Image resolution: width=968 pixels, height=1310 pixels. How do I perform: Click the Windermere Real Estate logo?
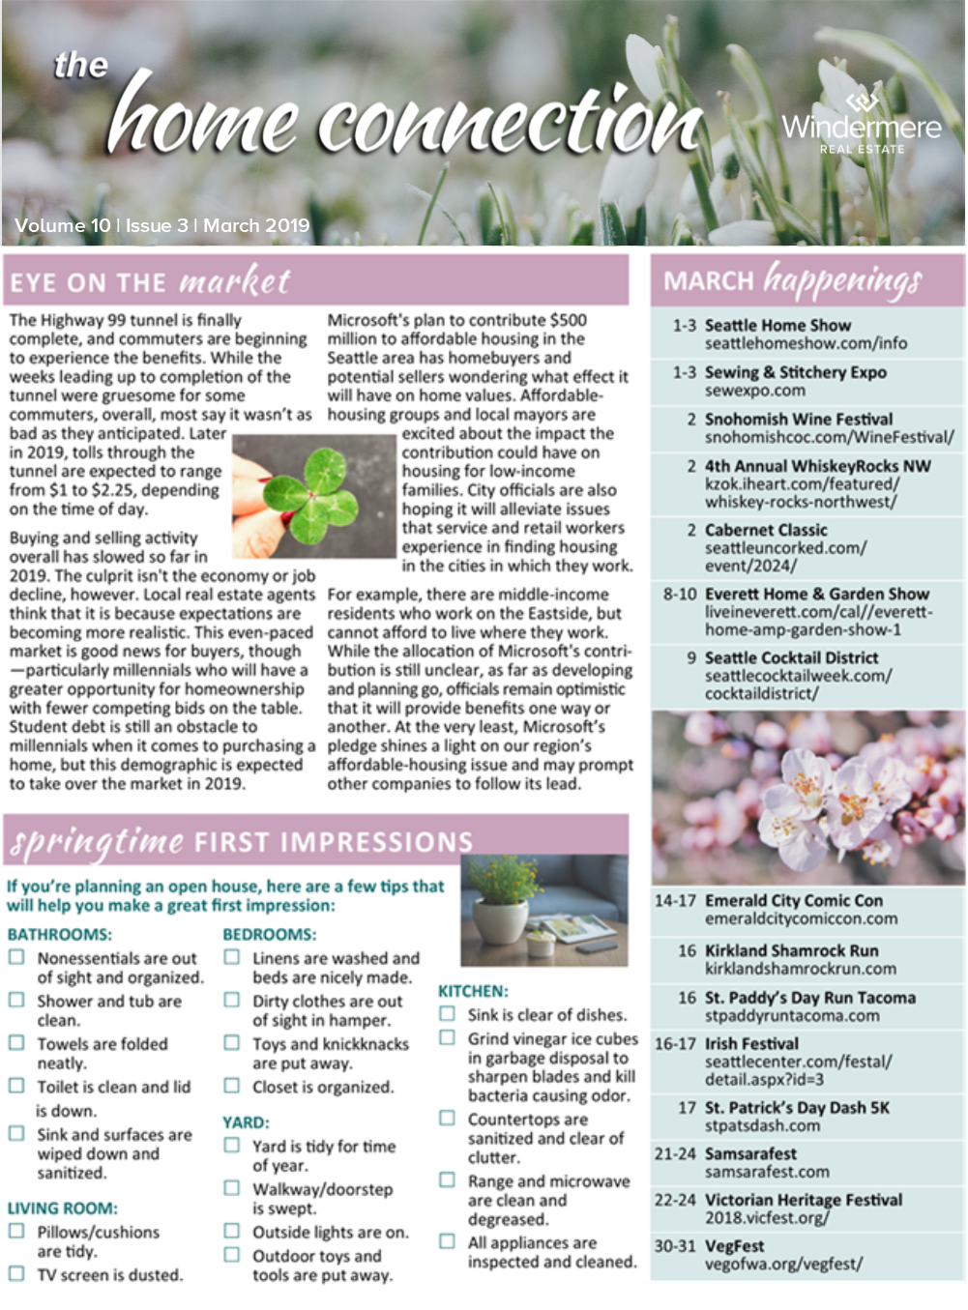(x=861, y=124)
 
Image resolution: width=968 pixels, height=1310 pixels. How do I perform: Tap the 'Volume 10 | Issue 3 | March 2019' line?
(x=162, y=225)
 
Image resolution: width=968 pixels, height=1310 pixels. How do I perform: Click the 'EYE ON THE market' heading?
(x=150, y=281)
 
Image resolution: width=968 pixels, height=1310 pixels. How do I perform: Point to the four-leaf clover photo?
(x=314, y=495)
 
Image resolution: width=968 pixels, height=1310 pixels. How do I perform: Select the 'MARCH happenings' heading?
(x=792, y=280)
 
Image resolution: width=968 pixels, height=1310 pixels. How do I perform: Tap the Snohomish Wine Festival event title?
(x=798, y=419)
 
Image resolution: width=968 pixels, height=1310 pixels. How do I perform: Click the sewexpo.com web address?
(x=754, y=391)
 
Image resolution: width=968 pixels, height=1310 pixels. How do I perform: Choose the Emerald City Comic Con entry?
(x=793, y=900)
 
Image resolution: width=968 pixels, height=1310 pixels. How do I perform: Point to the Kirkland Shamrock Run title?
(x=791, y=950)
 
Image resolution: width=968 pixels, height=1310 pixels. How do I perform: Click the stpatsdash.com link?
(x=762, y=1125)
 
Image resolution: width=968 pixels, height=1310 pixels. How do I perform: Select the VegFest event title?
(x=734, y=1246)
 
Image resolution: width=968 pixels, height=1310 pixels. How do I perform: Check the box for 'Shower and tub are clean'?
(x=17, y=1001)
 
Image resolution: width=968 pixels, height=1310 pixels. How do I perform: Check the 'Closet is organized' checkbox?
(x=232, y=1086)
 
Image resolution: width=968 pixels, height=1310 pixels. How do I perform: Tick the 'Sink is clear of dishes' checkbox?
(x=447, y=1014)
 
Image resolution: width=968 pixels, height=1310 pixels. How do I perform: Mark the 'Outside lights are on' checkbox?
(x=232, y=1232)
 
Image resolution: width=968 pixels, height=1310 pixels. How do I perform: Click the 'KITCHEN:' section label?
(x=473, y=991)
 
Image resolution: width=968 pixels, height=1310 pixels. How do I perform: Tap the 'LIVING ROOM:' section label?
(x=62, y=1208)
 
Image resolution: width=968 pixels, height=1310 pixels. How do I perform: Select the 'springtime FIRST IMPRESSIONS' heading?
(x=241, y=841)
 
